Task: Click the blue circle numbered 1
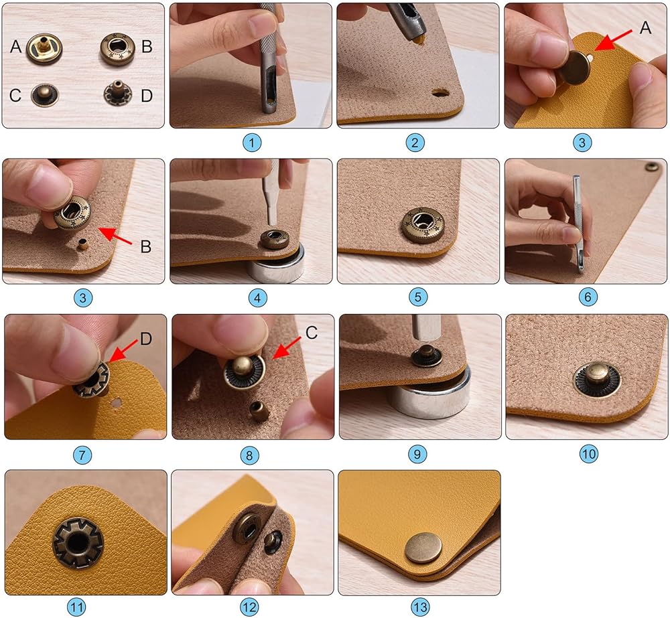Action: coord(252,142)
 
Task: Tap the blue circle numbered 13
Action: coord(420,607)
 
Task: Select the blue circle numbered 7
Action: coord(82,455)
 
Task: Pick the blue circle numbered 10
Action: coord(588,453)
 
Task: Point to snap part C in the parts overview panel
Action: coord(44,94)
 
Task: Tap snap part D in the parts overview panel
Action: coord(117,94)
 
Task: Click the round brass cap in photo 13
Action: coord(423,548)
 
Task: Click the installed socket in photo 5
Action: coord(422,225)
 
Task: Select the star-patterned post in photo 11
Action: coord(77,543)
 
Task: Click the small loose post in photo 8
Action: coord(259,411)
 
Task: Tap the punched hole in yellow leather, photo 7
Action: coord(116,402)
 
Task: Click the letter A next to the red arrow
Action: coord(645,27)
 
